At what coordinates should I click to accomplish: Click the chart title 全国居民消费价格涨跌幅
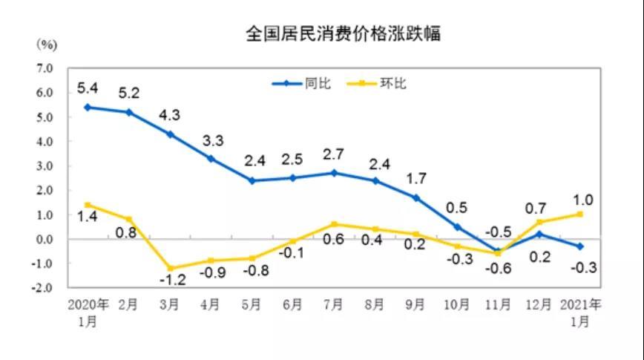click(x=344, y=33)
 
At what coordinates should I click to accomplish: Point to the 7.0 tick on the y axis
click(x=45, y=68)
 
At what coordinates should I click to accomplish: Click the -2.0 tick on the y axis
click(x=44, y=287)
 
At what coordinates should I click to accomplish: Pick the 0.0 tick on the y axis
click(x=45, y=239)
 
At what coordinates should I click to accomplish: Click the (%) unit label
click(x=46, y=45)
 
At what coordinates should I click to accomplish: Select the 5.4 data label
click(x=88, y=88)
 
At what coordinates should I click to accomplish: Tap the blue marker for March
click(x=171, y=134)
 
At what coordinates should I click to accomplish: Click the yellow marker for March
click(x=171, y=268)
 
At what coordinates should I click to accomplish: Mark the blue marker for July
click(x=335, y=173)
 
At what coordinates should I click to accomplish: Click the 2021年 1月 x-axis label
click(x=582, y=312)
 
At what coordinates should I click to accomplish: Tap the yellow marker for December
click(x=539, y=222)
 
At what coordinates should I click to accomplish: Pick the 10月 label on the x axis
click(x=457, y=304)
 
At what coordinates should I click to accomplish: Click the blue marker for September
click(x=416, y=197)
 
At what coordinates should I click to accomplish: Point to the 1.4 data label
click(x=89, y=217)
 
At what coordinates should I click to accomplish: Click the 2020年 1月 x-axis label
click(x=88, y=312)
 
